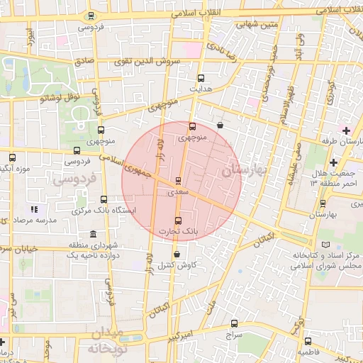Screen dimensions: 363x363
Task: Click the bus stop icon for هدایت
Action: [201, 79]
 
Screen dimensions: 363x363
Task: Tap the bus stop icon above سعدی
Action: [177, 180]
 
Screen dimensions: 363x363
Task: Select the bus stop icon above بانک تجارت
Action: [177, 219]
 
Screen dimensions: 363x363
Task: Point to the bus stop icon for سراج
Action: [235, 323]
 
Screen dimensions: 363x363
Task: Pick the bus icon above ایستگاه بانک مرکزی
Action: [104, 199]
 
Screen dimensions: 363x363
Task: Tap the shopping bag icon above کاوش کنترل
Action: [176, 254]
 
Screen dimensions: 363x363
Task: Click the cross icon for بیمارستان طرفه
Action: [346, 130]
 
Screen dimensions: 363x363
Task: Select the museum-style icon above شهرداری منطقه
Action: [94, 235]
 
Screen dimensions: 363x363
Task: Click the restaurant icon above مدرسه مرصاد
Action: [33, 209]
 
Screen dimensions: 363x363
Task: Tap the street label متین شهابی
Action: [239, 25]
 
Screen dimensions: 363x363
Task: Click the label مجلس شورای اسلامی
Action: [327, 265]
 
